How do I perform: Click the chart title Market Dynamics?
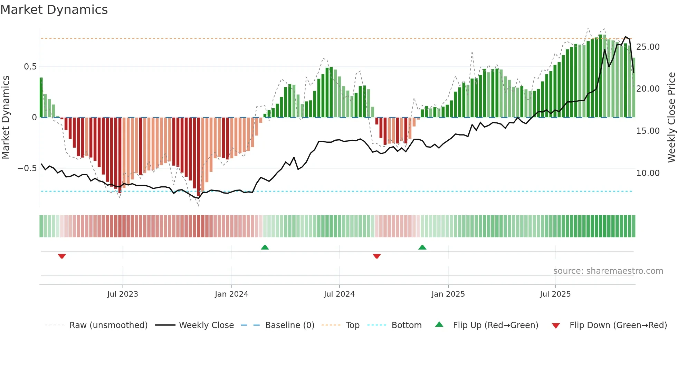pyautogui.click(x=54, y=10)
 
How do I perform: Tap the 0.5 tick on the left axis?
pyautogui.click(x=30, y=67)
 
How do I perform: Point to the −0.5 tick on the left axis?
pyautogui.click(x=27, y=168)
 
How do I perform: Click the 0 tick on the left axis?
pyautogui.click(x=34, y=118)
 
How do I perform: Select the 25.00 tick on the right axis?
pyautogui.click(x=648, y=47)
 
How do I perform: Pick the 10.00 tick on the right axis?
pyautogui.click(x=648, y=173)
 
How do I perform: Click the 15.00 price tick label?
pyautogui.click(x=648, y=131)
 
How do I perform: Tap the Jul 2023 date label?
pyautogui.click(x=122, y=294)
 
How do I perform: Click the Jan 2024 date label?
pyautogui.click(x=231, y=294)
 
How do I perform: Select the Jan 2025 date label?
pyautogui.click(x=448, y=294)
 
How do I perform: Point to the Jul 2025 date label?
pyautogui.click(x=555, y=294)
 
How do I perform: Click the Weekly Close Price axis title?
pyautogui.click(x=671, y=117)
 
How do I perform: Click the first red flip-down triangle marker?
pyautogui.click(x=62, y=256)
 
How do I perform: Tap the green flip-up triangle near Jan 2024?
pyautogui.click(x=265, y=247)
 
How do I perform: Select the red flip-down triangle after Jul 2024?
pyautogui.click(x=376, y=256)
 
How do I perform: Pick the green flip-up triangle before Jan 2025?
pyautogui.click(x=422, y=247)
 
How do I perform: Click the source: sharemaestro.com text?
pyautogui.click(x=608, y=271)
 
